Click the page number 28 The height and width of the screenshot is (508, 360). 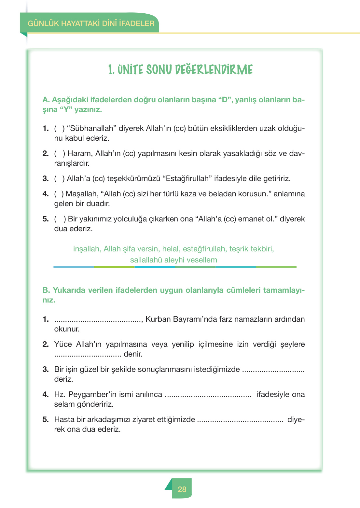[x=182, y=489]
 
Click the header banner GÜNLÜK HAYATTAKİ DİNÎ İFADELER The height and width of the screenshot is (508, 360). [x=91, y=23]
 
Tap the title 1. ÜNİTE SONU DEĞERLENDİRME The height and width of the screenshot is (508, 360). [x=180, y=70]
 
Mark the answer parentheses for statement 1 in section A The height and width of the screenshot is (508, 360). [x=59, y=129]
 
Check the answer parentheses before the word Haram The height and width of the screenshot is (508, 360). [x=60, y=154]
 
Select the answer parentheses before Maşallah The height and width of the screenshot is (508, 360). [x=59, y=194]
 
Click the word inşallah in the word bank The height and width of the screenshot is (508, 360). [x=87, y=249]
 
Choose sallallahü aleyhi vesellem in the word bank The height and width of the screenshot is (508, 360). [x=173, y=260]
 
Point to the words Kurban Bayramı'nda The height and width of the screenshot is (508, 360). [x=181, y=319]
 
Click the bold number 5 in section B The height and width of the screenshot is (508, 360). [x=46, y=420]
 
